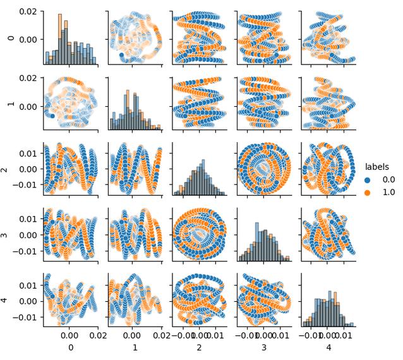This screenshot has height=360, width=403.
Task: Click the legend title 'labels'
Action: [x=376, y=167]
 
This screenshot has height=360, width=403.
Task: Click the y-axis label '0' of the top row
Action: [x=9, y=38]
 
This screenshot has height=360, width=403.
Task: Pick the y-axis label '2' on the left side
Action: [x=9, y=169]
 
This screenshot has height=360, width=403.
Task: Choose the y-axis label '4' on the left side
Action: [x=9, y=300]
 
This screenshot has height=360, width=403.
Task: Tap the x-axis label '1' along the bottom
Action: [x=135, y=347]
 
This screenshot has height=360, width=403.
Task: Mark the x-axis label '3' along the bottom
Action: [x=263, y=347]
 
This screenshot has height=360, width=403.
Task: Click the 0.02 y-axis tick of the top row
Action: [x=27, y=12]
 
